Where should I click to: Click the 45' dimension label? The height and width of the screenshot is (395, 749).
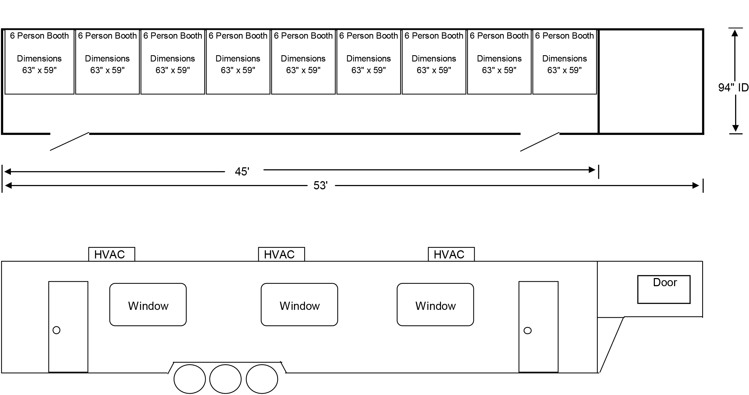pyautogui.click(x=242, y=171)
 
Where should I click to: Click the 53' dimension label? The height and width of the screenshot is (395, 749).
pyautogui.click(x=320, y=186)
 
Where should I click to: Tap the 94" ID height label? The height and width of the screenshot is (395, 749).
pyautogui.click(x=733, y=88)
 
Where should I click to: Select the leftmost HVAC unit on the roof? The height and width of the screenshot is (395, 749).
pyautogui.click(x=112, y=254)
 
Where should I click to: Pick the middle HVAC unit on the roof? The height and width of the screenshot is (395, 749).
pyautogui.click(x=282, y=254)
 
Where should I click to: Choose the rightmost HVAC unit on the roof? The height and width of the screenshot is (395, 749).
pyautogui.click(x=451, y=254)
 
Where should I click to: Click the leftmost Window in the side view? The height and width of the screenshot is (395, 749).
pyautogui.click(x=148, y=305)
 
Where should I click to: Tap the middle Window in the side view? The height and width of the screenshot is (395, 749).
pyautogui.click(x=300, y=305)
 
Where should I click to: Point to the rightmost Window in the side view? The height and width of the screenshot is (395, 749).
pyautogui.click(x=435, y=305)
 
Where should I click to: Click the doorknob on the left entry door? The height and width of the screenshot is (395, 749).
pyautogui.click(x=56, y=330)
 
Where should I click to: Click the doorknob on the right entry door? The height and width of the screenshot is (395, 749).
pyautogui.click(x=528, y=331)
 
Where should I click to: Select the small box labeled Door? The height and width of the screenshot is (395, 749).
pyautogui.click(x=664, y=289)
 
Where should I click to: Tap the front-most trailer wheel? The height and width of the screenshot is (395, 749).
pyautogui.click(x=262, y=379)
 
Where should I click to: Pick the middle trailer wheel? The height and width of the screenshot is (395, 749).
pyautogui.click(x=225, y=379)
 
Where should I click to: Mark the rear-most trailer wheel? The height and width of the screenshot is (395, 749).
pyautogui.click(x=190, y=379)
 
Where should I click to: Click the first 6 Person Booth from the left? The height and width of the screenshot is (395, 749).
pyautogui.click(x=39, y=62)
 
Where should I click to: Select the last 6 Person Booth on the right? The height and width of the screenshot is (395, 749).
pyautogui.click(x=564, y=62)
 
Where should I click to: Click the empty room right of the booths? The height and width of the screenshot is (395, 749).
pyautogui.click(x=651, y=82)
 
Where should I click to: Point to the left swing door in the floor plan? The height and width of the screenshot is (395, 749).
pyautogui.click(x=69, y=141)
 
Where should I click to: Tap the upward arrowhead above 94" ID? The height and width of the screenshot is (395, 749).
pyautogui.click(x=735, y=33)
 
